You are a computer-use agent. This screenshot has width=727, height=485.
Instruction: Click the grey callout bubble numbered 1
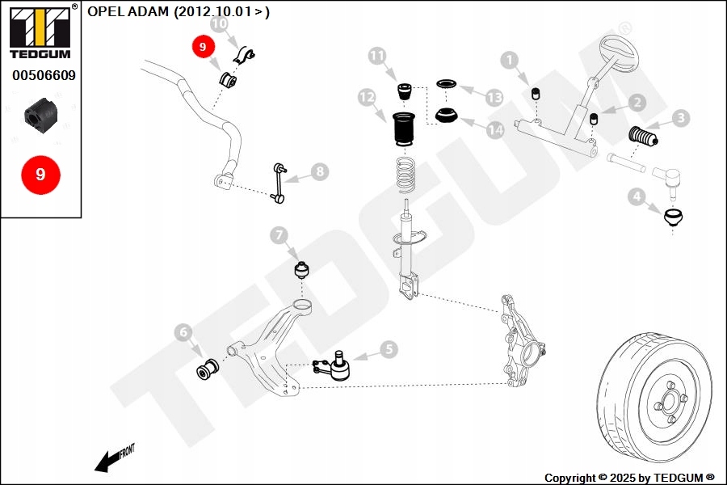click(x=508, y=59)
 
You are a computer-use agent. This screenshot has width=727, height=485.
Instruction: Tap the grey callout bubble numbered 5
click(x=389, y=349)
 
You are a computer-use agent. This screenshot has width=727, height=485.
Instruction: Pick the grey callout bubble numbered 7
click(x=279, y=235)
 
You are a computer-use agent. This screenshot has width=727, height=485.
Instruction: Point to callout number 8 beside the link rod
click(x=320, y=171)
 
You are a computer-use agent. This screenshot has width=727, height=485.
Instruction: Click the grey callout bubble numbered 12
click(x=368, y=98)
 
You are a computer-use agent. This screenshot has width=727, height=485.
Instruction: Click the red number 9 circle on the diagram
click(x=203, y=48)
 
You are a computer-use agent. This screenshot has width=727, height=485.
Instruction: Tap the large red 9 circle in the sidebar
click(x=40, y=174)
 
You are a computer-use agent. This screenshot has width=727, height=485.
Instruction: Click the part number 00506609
click(x=44, y=76)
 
